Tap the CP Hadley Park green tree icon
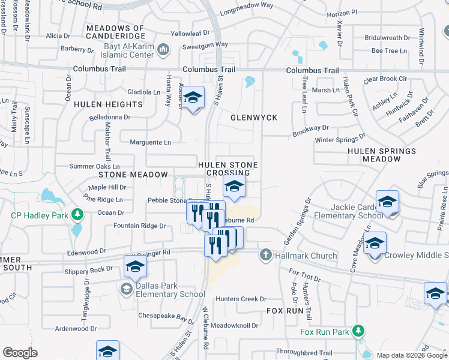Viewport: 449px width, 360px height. (x=77, y=214)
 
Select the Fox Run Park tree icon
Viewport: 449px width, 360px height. (x=358, y=331)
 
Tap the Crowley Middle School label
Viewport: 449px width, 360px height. (x=417, y=256)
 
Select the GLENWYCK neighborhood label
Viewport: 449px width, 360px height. (x=254, y=118)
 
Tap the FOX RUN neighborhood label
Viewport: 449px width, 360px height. (x=285, y=311)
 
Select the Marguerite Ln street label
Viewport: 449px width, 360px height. (x=151, y=142)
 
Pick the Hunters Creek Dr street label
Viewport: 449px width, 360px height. (x=241, y=299)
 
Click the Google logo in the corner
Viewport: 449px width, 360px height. (x=20, y=353)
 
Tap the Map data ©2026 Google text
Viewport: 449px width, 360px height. (x=412, y=356)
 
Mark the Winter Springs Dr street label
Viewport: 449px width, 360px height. (x=340, y=140)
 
